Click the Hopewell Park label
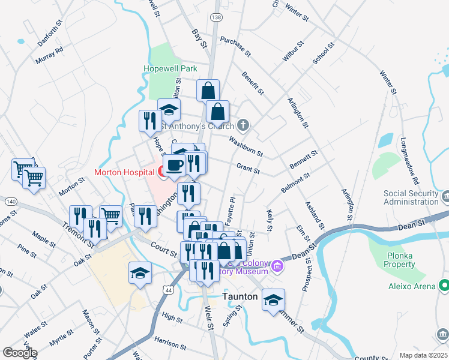point(170,69)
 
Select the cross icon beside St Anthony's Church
point(243,125)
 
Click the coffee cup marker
point(175,165)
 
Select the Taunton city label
point(240,297)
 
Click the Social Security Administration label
point(416,197)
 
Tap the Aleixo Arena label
point(428,286)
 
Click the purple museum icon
point(277,266)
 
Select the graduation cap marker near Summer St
point(273,299)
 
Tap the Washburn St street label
point(246,145)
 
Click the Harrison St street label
point(170,344)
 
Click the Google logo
point(19,353)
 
